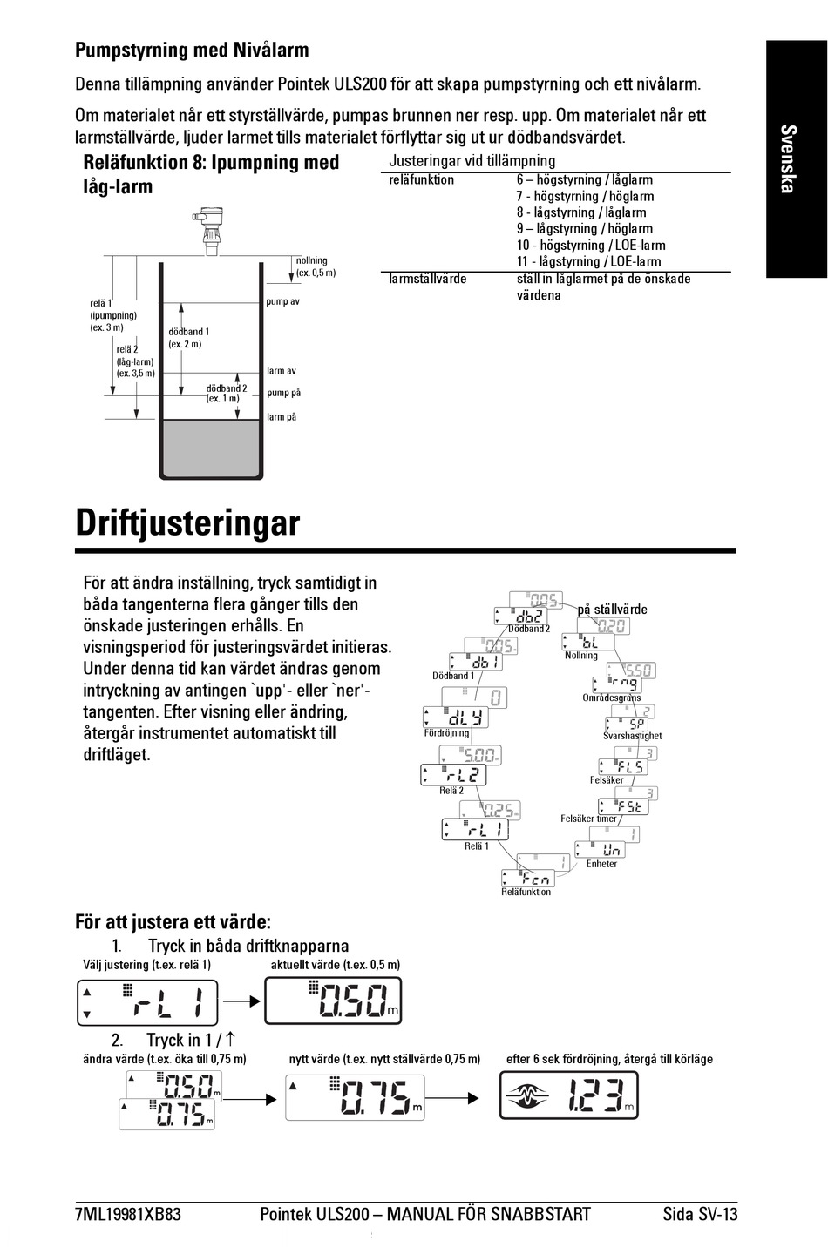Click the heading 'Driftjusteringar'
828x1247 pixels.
[187, 523]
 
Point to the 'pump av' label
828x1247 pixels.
[282, 301]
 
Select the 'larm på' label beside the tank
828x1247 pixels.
[282, 417]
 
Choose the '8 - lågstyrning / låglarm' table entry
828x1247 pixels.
[580, 212]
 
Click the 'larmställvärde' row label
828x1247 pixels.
[427, 279]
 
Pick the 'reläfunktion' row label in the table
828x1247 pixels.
[421, 180]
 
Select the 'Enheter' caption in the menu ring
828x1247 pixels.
[601, 864]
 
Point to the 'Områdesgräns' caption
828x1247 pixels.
[611, 698]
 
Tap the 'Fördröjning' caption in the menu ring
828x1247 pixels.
[446, 733]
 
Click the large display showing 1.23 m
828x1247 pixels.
[568, 1095]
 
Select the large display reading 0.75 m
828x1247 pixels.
[355, 1096]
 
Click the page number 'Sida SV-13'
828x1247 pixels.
[699, 1214]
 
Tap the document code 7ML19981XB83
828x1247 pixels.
[128, 1214]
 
